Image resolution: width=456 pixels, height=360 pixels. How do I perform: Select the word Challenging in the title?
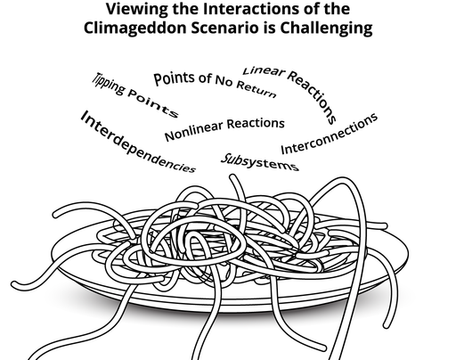coord(326,28)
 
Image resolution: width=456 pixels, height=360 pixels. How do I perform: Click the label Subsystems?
coord(260,162)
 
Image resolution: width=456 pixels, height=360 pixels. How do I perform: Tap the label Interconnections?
coord(330,134)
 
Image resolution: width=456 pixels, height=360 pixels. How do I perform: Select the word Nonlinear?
coord(193,131)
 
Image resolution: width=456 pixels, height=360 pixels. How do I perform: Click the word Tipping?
coord(109,84)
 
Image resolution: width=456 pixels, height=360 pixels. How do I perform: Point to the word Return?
coord(256,89)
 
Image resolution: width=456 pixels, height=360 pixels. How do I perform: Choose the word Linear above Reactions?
coord(264,71)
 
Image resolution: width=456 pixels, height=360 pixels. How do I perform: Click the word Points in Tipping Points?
coord(153,102)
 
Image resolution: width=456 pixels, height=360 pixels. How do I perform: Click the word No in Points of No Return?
coord(223,80)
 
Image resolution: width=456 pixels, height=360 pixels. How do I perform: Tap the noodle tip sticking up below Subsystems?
coord(233,178)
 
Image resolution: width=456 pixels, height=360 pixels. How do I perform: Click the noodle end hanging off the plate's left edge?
coord(15,285)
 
